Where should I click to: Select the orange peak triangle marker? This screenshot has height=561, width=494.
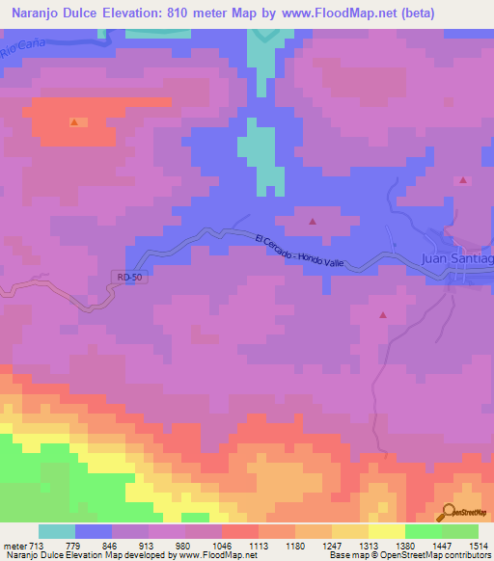(x=74, y=122)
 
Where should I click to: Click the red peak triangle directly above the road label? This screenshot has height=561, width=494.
(x=312, y=223)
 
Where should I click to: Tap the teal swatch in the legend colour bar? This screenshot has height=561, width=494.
(x=57, y=531)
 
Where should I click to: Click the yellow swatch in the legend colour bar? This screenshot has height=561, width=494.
(x=386, y=531)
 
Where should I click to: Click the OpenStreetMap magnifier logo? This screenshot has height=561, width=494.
(x=448, y=511)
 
